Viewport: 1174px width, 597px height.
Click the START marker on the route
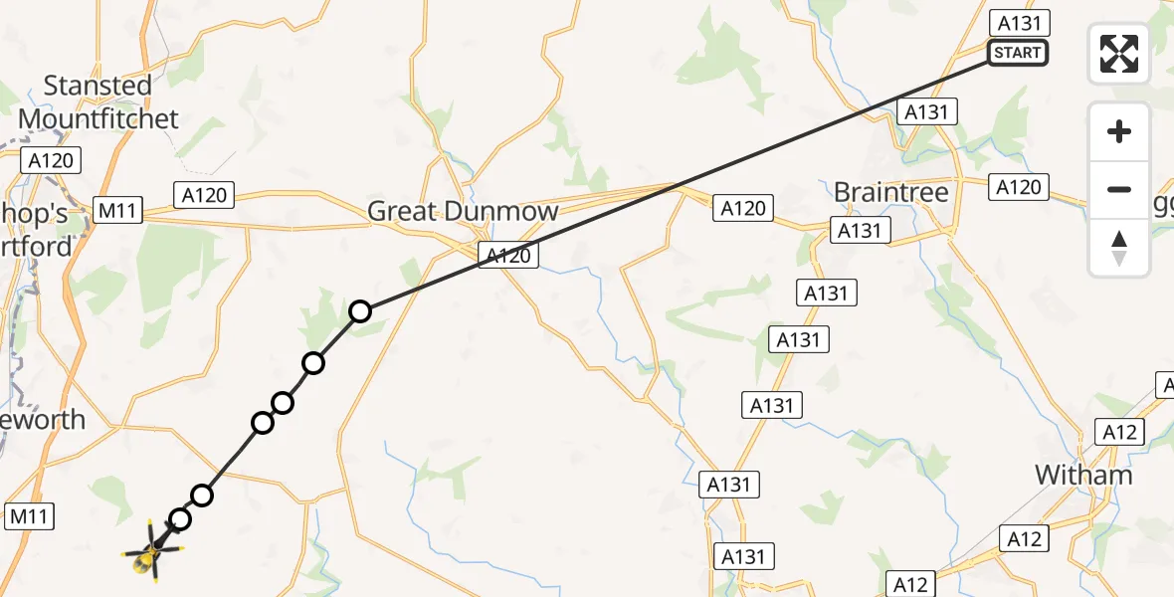coord(1018,53)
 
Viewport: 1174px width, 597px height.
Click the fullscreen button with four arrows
coord(1119,54)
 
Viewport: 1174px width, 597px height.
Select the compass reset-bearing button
coord(1119,248)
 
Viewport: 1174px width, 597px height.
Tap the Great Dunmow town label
coord(463,211)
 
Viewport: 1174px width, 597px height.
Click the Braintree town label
coord(891,192)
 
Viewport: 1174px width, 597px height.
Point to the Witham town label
coord(1083,475)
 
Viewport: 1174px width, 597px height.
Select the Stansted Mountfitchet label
coord(98,102)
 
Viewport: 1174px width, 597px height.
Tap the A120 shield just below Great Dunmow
coord(507,256)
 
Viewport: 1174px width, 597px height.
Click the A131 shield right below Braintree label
coord(861,231)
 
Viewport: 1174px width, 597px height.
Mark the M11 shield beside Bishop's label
coord(118,211)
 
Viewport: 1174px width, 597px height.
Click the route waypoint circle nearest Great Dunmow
coord(360,311)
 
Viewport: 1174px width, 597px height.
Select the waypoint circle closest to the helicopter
coord(180,518)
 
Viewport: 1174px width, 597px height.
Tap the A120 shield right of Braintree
coord(1019,186)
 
